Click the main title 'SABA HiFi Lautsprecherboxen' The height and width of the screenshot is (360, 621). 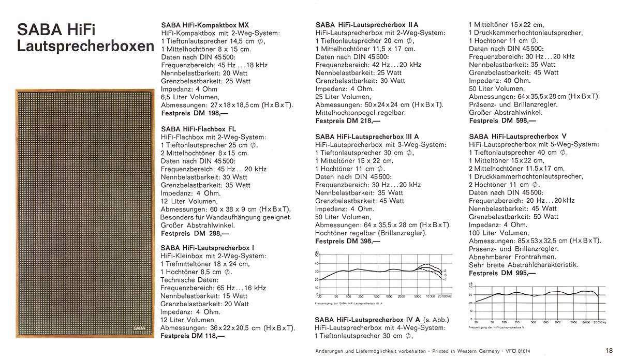[x=85, y=37]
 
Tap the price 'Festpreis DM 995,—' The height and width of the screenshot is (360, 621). [x=501, y=273]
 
